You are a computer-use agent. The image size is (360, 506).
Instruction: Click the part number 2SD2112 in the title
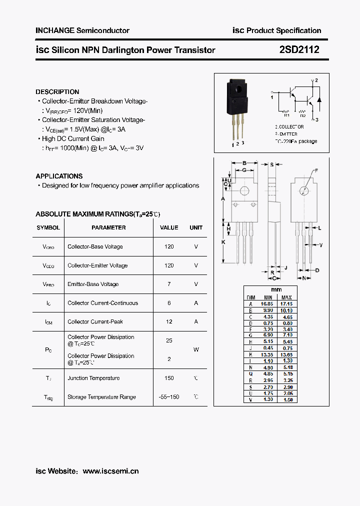(x=299, y=49)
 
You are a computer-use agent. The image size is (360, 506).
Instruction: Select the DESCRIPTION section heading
(x=57, y=92)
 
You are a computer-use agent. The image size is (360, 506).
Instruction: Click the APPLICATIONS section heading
(x=59, y=176)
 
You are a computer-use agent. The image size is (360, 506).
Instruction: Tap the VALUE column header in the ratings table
(x=169, y=227)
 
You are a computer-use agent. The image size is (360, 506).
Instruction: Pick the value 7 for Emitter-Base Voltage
(x=169, y=284)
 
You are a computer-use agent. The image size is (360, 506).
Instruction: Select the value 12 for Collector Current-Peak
(x=169, y=321)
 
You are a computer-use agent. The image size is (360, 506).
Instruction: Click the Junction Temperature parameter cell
(x=93, y=378)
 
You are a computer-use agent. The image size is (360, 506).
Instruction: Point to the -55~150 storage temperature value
(x=169, y=397)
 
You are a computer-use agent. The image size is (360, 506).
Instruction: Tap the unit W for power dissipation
(x=196, y=349)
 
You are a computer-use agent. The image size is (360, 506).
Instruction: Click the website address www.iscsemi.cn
(x=110, y=471)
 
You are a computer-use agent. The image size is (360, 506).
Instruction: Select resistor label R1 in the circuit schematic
(x=287, y=114)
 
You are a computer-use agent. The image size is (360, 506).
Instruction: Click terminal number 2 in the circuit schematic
(x=316, y=80)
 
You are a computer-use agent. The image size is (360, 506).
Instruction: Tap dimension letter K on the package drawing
(x=223, y=242)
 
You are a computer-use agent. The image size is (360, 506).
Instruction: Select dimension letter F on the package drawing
(x=316, y=171)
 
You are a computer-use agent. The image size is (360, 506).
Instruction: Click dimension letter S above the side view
(x=272, y=164)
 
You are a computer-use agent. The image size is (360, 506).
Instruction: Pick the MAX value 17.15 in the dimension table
(x=286, y=303)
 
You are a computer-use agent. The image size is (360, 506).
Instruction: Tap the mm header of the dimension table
(x=276, y=290)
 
